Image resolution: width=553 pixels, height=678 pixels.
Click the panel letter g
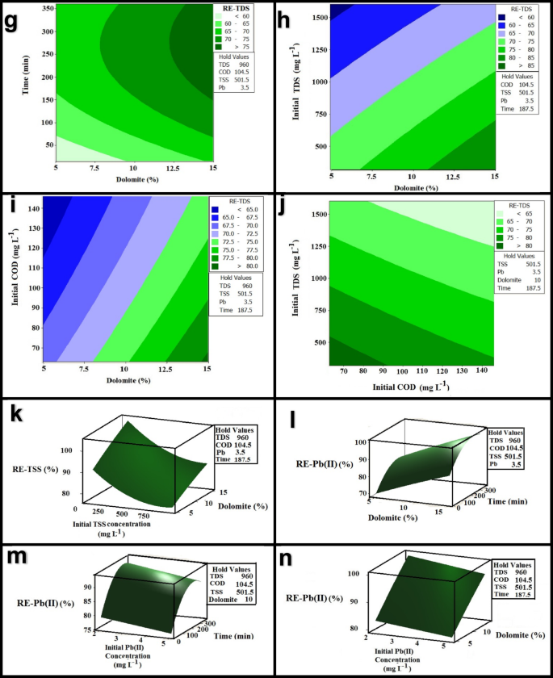point(12,22)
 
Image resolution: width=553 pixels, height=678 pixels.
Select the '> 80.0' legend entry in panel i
point(239,264)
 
